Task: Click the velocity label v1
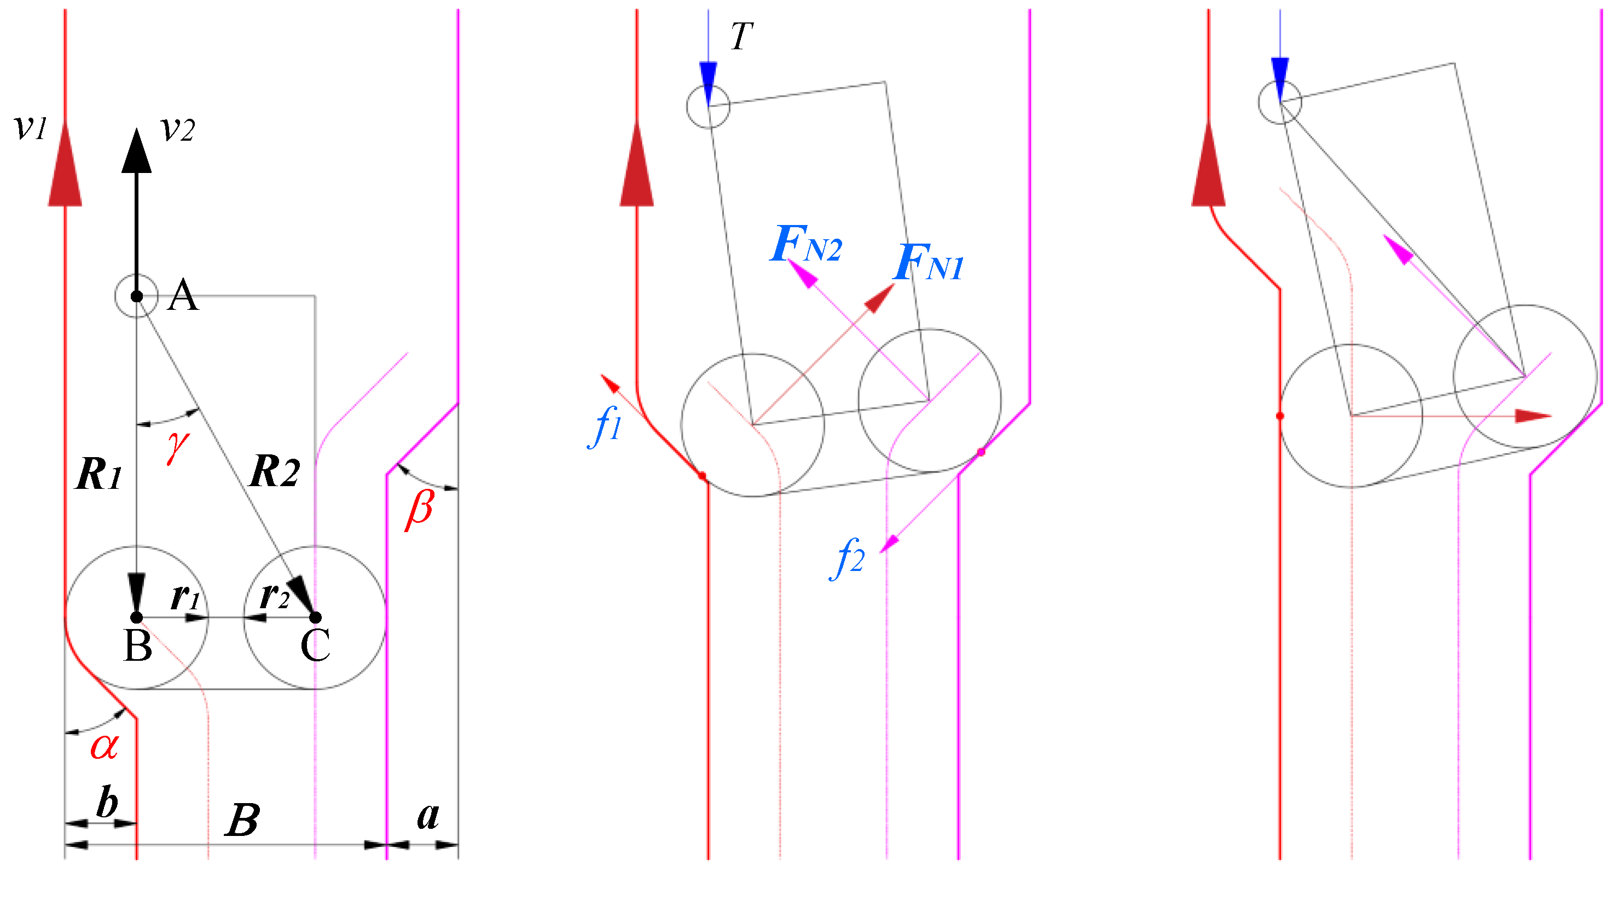pyautogui.click(x=30, y=127)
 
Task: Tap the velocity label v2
pyautogui.click(x=178, y=130)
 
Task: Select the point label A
pyautogui.click(x=183, y=296)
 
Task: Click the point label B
pyautogui.click(x=138, y=646)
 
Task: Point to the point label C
pyautogui.click(x=315, y=646)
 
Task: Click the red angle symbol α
pyautogui.click(x=105, y=746)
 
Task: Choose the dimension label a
pyautogui.click(x=428, y=816)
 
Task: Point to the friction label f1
pyautogui.click(x=606, y=425)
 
